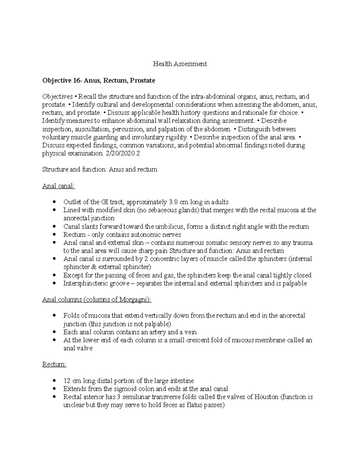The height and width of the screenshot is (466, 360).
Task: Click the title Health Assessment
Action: [x=180, y=64]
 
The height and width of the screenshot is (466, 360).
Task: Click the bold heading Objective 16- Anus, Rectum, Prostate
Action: [x=99, y=80]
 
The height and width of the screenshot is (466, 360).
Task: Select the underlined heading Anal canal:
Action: [x=58, y=186]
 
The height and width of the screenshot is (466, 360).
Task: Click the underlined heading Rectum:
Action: [x=54, y=364]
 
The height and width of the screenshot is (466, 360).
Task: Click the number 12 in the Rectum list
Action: [x=67, y=381]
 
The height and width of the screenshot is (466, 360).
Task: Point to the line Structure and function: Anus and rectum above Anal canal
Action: [x=100, y=170]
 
